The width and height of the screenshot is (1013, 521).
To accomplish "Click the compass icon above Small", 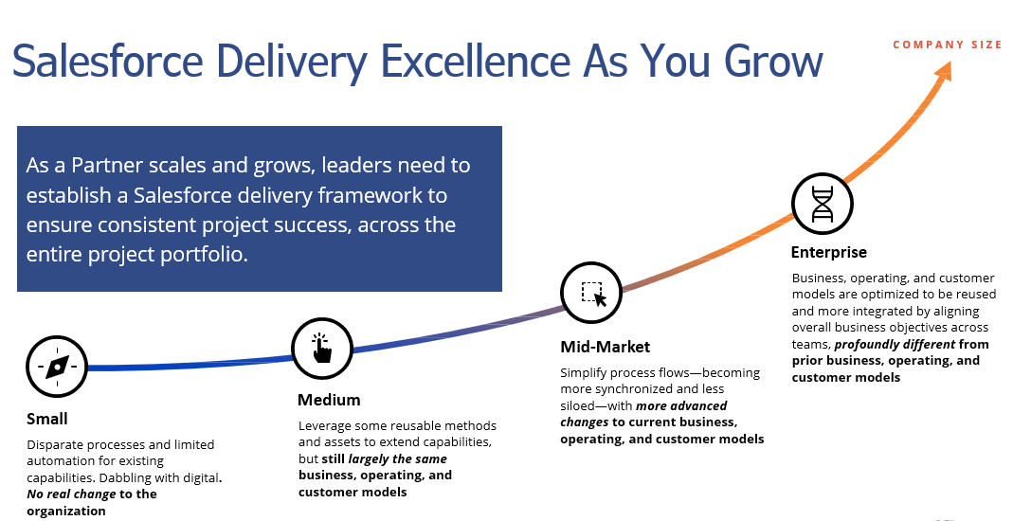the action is click(x=57, y=367).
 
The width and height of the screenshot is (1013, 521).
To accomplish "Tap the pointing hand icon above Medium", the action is click(x=322, y=349).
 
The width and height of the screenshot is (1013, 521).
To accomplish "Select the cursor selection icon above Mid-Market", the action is click(x=591, y=293).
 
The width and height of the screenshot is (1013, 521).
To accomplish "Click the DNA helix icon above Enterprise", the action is click(x=823, y=204).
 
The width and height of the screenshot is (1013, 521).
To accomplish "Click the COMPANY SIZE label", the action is click(x=947, y=45).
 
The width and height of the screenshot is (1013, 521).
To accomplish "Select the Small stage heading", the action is click(x=47, y=419).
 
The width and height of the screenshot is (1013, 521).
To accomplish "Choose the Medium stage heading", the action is click(x=329, y=400).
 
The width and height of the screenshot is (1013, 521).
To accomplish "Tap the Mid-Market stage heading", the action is click(x=606, y=347).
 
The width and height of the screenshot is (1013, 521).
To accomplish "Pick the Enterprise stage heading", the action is click(x=829, y=252).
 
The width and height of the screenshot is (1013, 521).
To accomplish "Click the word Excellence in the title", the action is click(x=476, y=61).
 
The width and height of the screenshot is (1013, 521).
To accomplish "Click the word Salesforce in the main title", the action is click(x=108, y=61).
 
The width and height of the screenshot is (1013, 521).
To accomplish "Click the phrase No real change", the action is click(x=71, y=494).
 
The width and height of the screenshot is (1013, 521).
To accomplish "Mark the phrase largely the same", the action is click(x=397, y=459).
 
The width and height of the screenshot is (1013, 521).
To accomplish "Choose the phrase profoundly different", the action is click(x=895, y=344).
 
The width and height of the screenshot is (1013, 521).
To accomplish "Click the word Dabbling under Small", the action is click(x=125, y=478).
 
